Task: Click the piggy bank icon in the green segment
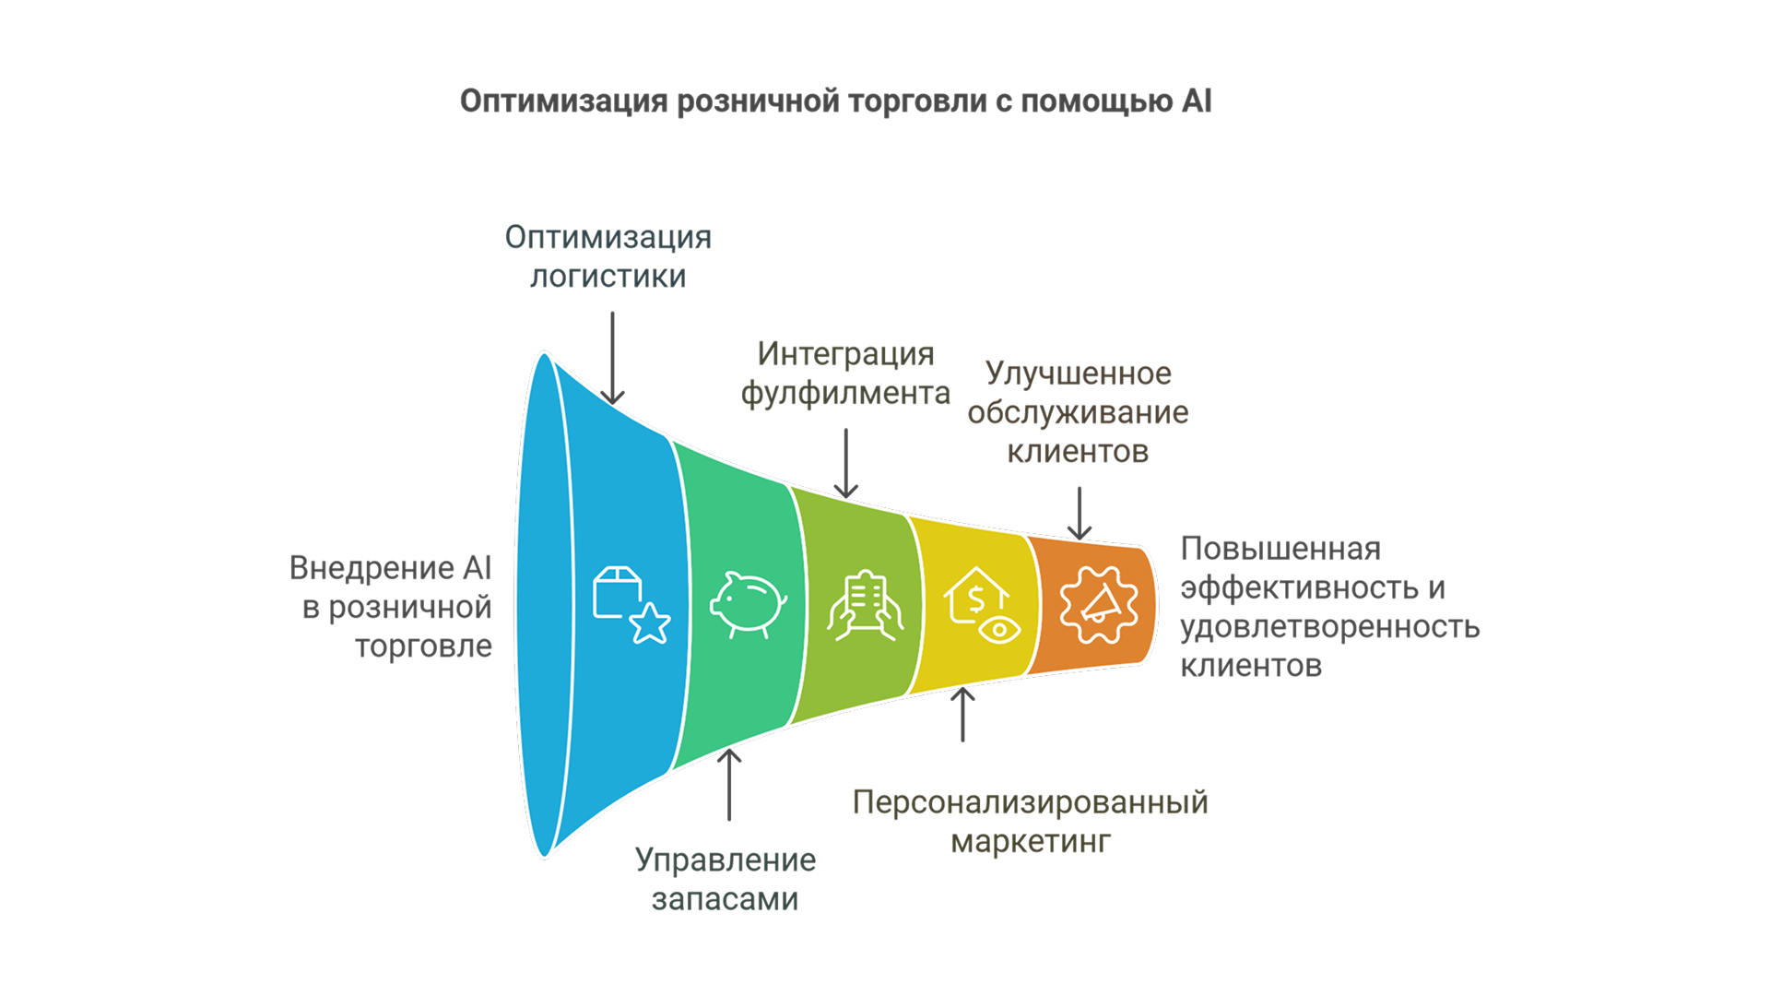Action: (x=748, y=605)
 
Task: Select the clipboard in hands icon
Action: (x=864, y=605)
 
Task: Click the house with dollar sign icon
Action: (x=982, y=605)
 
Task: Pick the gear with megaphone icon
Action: (x=1098, y=605)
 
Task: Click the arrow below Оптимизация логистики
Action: (x=612, y=358)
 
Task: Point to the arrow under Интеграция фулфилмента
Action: (x=845, y=463)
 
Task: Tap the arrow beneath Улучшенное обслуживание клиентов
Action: (x=1080, y=513)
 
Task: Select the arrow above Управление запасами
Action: (x=729, y=784)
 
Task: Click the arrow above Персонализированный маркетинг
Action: (x=962, y=714)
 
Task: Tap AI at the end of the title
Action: (x=1197, y=101)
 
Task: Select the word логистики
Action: (x=608, y=277)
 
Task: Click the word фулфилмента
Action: (x=845, y=394)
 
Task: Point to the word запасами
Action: (x=725, y=899)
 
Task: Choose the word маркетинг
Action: (x=1031, y=842)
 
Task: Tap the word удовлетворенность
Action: (x=1330, y=627)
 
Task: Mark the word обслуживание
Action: (x=1078, y=413)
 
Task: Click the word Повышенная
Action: (x=1280, y=549)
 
